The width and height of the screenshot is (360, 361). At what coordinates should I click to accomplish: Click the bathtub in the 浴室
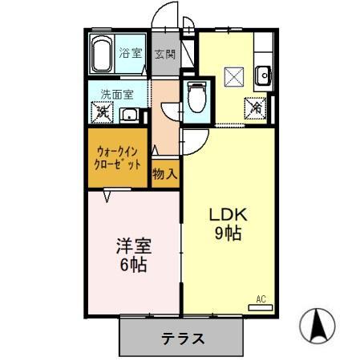[x=102, y=54]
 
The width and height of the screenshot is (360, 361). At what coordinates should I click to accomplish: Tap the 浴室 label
[x=131, y=55]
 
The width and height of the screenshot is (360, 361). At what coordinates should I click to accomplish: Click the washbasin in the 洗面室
[x=129, y=115]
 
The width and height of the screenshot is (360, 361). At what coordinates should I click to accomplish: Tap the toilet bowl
[x=195, y=99]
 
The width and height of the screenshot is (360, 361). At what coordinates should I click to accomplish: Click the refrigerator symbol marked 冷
[x=257, y=106]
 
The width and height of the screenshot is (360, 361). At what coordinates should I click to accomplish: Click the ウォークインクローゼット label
[x=118, y=156]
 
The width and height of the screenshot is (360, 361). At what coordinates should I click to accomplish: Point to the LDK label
[x=229, y=215]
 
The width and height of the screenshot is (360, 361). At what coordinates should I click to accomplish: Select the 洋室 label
[x=134, y=246]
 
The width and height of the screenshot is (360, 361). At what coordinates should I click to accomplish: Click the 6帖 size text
[x=134, y=265]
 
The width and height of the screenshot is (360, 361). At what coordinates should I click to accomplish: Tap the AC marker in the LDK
[x=260, y=299]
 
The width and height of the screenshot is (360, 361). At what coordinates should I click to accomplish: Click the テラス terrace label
[x=180, y=338]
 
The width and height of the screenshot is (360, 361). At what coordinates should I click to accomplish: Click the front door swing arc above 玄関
[x=164, y=18]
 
